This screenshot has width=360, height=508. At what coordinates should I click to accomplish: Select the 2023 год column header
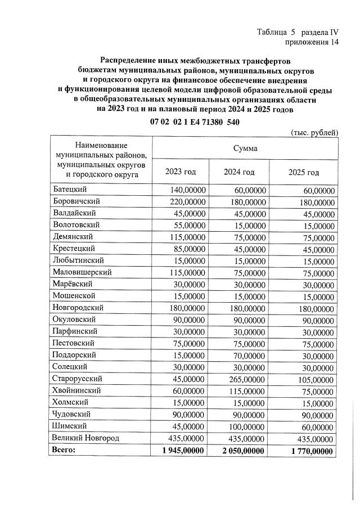coord(180,172)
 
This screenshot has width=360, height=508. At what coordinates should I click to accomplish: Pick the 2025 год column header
coord(303,172)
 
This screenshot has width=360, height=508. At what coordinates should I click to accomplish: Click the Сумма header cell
coord(245,149)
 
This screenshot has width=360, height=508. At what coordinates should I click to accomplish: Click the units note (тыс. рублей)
coord(314,132)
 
